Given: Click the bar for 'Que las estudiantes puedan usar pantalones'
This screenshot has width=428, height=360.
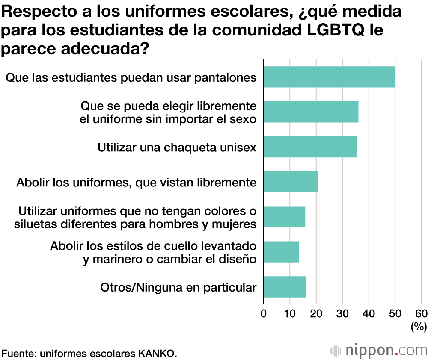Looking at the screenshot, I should (x=329, y=77).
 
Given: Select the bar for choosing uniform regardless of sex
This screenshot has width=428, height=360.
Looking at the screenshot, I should (x=311, y=112).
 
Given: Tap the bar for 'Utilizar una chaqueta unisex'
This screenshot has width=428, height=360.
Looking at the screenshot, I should (x=310, y=147).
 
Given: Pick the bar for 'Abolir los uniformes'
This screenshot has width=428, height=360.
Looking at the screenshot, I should (x=291, y=182).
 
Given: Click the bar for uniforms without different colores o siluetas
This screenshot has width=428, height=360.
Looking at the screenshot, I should (x=284, y=217).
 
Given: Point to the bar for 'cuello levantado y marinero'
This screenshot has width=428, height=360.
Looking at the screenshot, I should (x=281, y=252).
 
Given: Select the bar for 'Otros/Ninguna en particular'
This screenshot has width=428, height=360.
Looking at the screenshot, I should (x=284, y=287).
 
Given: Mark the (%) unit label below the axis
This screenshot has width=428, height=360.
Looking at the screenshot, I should (x=419, y=327).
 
